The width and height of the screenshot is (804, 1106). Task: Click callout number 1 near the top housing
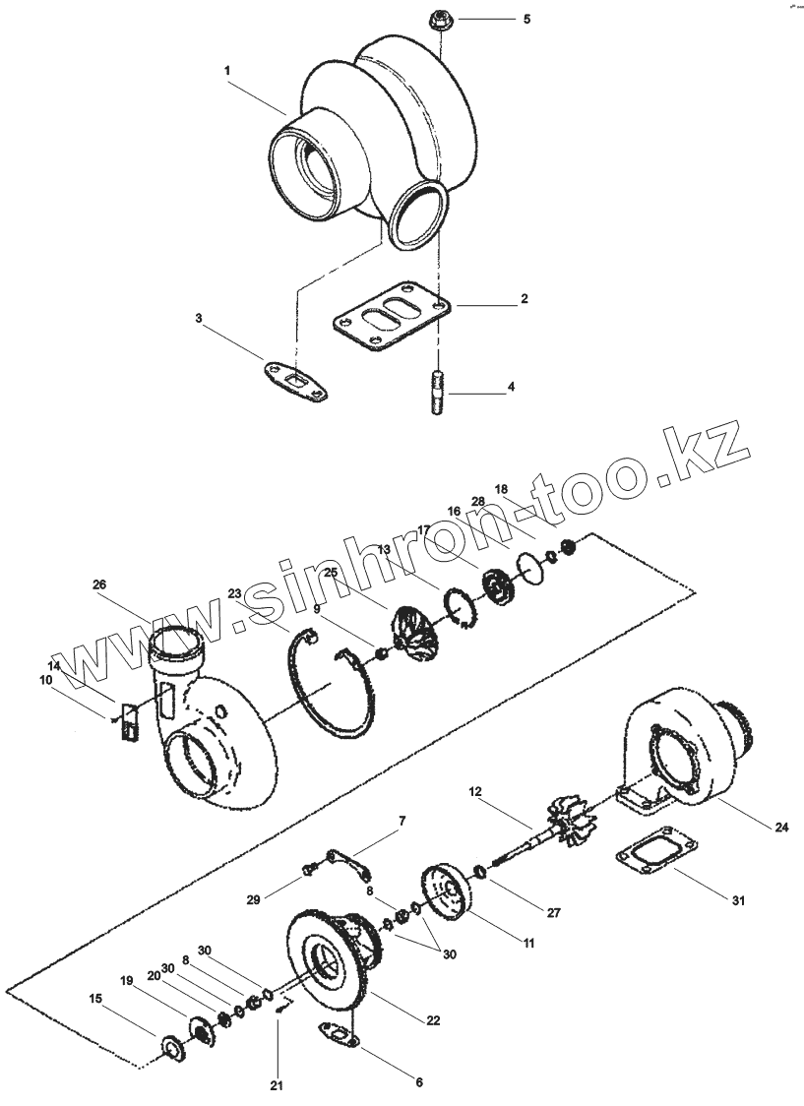[227, 71]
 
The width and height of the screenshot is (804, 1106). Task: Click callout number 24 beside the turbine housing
[780, 828]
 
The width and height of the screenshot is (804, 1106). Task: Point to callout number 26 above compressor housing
[99, 584]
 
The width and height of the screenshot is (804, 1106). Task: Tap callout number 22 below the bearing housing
[433, 1020]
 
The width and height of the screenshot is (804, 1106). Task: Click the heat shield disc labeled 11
[448, 891]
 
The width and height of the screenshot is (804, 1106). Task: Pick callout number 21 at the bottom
[277, 1086]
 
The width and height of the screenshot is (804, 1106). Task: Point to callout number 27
[554, 913]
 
